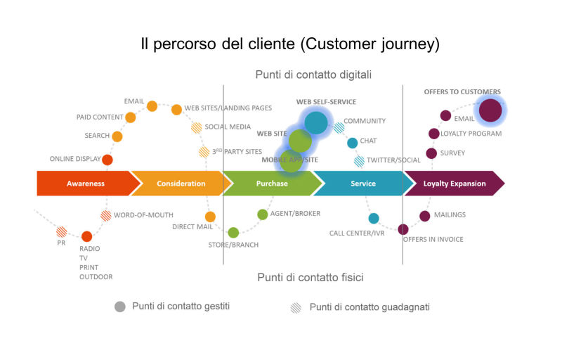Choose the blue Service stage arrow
click(362, 184)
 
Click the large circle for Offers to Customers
click(490, 110)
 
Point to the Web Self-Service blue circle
click(316, 122)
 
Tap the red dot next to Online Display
click(107, 160)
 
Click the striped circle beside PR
click(62, 231)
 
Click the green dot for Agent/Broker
click(263, 214)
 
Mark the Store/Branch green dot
click(233, 232)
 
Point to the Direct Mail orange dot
click(210, 217)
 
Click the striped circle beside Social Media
click(197, 127)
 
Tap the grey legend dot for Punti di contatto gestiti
click(120, 307)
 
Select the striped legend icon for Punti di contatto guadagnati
click(296, 307)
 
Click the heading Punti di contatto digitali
click(313, 74)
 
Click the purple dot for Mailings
click(425, 216)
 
